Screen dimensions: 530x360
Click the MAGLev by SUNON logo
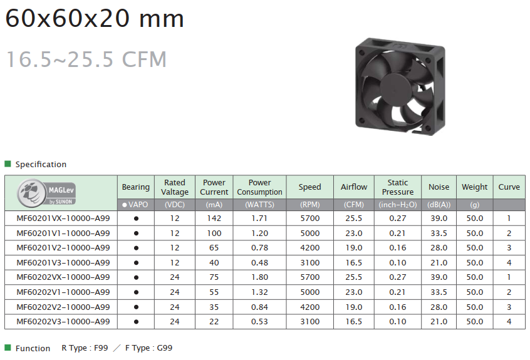[x=46, y=193]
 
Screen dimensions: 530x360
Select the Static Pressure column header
[x=397, y=187]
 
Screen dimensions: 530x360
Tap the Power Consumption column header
[x=259, y=187]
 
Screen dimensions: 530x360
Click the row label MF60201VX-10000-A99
[x=63, y=219]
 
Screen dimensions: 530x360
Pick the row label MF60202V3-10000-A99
[x=63, y=322]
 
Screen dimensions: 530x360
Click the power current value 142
[x=214, y=219]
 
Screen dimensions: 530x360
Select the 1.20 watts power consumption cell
[x=259, y=234]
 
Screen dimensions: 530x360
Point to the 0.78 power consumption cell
[x=259, y=248]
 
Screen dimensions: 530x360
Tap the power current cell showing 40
[x=214, y=263]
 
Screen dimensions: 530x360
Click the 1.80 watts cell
[x=259, y=277]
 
